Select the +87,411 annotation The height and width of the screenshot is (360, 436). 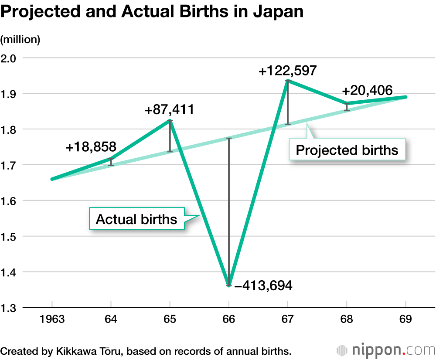point(169,109)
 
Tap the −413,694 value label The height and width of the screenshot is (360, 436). point(263,286)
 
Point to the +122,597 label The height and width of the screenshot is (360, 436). point(287,71)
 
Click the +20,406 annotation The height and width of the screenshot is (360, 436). point(367,91)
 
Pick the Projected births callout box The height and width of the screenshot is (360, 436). point(347,150)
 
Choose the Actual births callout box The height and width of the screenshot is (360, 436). point(136,219)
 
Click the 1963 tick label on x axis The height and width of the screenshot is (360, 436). point(52,319)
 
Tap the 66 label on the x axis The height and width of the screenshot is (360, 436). point(228,319)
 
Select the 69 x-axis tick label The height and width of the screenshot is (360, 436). point(406,319)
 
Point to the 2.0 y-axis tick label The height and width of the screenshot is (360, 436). point(9,58)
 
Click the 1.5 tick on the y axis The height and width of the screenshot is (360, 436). point(9,237)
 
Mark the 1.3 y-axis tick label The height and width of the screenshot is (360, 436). point(9,308)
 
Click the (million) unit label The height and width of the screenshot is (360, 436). point(20,40)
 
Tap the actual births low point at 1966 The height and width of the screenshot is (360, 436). point(228,285)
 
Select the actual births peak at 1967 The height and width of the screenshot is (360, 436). point(288,81)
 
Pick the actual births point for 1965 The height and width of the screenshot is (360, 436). point(170,120)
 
